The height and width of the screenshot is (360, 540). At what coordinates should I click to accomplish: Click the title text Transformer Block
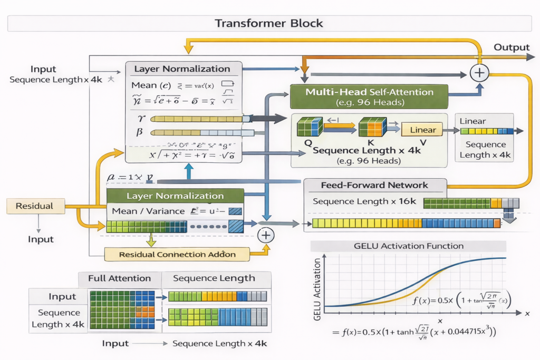click(269, 23)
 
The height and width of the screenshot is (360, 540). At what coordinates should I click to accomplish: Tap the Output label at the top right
click(511, 47)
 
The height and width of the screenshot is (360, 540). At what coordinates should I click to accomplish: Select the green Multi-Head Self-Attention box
click(369, 96)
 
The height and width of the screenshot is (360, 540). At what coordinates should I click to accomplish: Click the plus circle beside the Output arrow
click(479, 72)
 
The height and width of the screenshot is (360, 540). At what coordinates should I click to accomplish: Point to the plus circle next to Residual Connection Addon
click(266, 235)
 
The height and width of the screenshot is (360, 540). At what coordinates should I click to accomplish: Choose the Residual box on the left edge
click(35, 206)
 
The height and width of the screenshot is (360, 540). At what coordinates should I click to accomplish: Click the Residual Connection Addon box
click(177, 254)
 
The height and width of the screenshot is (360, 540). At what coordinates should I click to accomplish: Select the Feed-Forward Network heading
click(375, 185)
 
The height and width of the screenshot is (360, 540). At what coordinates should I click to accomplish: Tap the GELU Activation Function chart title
click(408, 246)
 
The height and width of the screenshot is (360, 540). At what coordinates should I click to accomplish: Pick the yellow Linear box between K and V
click(422, 130)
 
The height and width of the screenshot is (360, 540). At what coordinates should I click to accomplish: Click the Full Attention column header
click(119, 278)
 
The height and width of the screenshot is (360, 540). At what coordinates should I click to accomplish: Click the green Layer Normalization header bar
click(175, 196)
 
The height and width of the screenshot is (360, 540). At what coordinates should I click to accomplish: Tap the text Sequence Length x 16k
click(364, 201)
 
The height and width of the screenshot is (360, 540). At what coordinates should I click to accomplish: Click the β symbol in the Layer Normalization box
click(140, 132)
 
